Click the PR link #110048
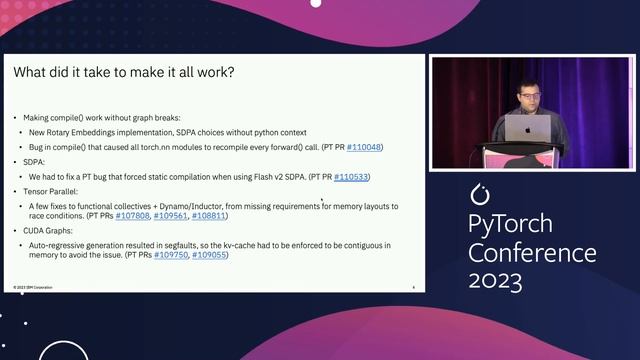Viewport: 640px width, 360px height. [364, 147]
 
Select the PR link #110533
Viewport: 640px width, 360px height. [351, 177]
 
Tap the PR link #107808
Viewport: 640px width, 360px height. [132, 215]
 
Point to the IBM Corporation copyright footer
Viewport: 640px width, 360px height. [34, 287]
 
